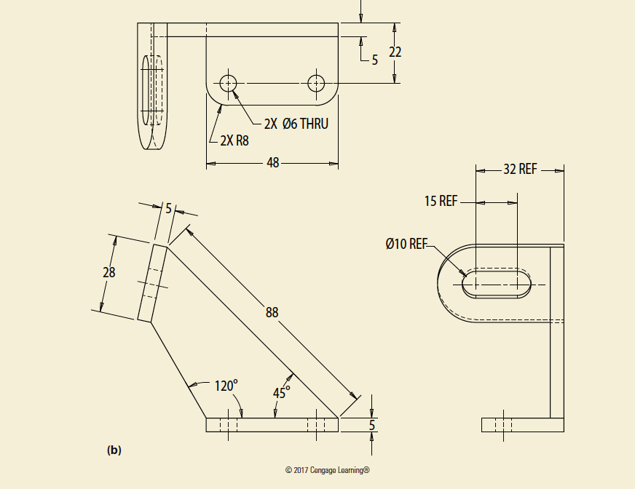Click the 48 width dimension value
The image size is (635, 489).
(x=273, y=163)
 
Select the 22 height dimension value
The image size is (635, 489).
(x=395, y=52)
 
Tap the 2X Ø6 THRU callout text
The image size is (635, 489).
(x=296, y=124)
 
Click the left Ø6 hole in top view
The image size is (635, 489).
(x=229, y=83)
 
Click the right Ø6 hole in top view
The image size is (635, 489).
(x=315, y=83)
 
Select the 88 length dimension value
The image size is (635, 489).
(x=272, y=312)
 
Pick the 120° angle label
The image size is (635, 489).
(x=226, y=386)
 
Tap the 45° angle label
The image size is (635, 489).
(x=282, y=392)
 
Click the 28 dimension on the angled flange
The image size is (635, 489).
(x=109, y=272)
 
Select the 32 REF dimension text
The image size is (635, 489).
(x=520, y=170)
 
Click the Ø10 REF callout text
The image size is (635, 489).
(x=406, y=244)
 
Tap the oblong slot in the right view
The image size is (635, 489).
(x=497, y=283)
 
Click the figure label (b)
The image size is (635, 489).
(x=114, y=450)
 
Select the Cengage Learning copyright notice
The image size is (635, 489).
(x=328, y=470)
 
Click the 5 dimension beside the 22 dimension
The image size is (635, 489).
(x=375, y=60)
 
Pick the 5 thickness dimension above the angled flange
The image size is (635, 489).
(x=168, y=208)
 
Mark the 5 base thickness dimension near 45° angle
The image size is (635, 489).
(x=371, y=424)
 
